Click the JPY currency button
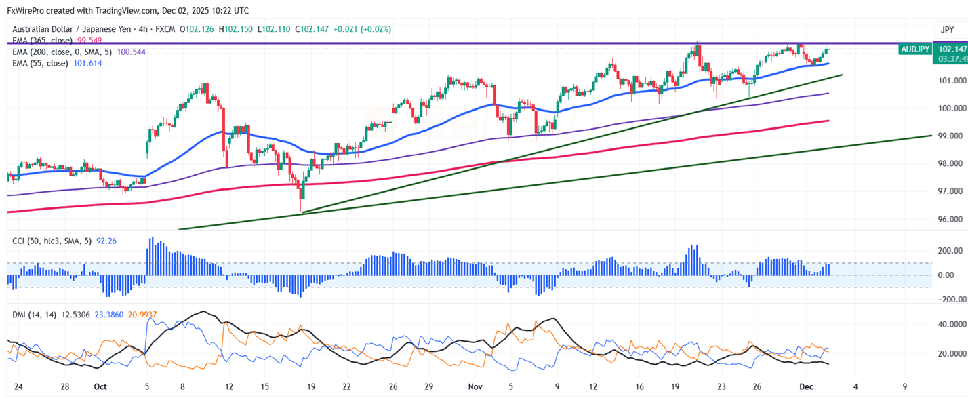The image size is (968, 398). click(x=946, y=29)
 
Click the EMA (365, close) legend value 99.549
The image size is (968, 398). click(x=89, y=41)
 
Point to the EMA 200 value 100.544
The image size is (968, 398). click(x=131, y=52)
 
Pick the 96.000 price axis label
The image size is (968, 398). click(x=951, y=220)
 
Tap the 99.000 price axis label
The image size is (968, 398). click(x=951, y=136)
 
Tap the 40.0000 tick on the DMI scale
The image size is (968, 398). click(x=950, y=325)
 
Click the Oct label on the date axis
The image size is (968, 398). click(x=100, y=387)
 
